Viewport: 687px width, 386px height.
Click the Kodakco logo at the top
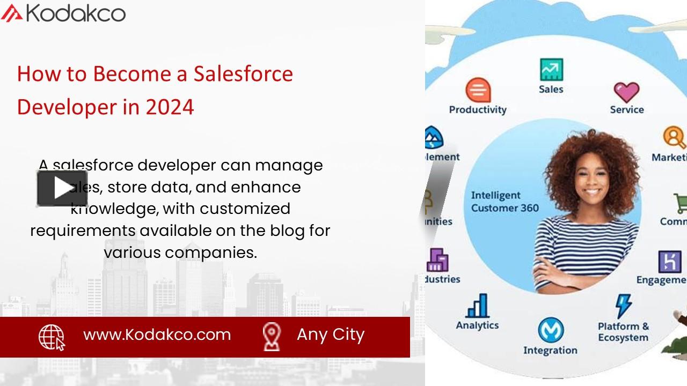point(63,12)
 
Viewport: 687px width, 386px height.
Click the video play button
point(62,188)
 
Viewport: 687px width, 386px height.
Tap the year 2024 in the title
point(170,107)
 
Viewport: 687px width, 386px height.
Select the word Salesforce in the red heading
point(243,73)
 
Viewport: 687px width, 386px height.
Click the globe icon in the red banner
point(52,337)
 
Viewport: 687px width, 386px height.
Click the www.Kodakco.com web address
point(157,335)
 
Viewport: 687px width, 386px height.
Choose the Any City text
point(331,335)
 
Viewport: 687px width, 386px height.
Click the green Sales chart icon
point(551,70)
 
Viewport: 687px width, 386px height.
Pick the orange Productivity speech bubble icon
point(478,90)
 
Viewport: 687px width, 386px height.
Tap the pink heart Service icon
point(626,92)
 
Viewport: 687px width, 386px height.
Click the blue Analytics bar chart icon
point(477,306)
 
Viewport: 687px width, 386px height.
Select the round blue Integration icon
point(551,330)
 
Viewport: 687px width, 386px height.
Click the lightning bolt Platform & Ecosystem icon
point(623,306)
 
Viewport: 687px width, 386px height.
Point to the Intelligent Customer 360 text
point(505,202)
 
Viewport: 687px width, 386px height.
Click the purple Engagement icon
point(669,262)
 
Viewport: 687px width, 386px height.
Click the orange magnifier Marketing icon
point(673,137)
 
